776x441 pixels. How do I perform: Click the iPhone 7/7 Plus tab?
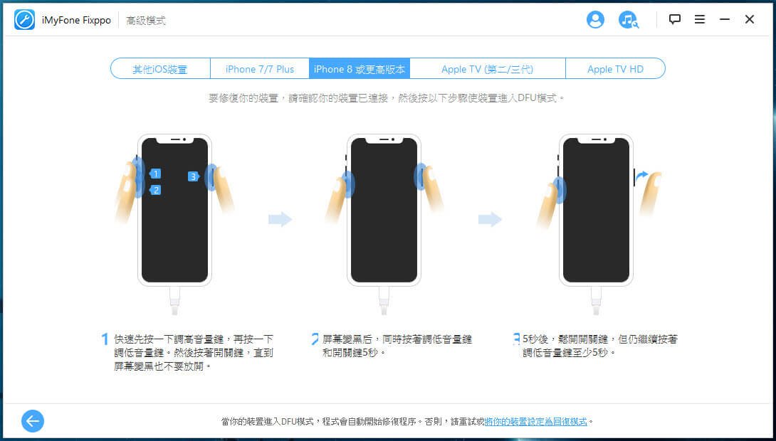(260, 69)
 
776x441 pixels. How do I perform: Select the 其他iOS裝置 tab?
(160, 69)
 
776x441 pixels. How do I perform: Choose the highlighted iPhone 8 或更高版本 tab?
(360, 69)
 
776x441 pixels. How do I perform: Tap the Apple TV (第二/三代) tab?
(488, 69)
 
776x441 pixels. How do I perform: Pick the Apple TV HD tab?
(615, 69)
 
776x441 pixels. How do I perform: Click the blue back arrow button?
(33, 421)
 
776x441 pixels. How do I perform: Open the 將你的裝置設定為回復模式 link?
(535, 422)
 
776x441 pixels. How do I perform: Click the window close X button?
(749, 19)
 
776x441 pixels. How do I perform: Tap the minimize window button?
(725, 19)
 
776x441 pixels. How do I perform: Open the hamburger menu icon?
(700, 19)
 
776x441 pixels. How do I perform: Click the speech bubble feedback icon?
(674, 19)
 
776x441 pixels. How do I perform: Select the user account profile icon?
(595, 20)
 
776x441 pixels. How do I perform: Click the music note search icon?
(628, 20)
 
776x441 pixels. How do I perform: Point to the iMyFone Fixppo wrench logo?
(24, 20)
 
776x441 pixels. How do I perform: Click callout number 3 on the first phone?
(194, 176)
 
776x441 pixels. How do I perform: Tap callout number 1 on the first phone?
(155, 174)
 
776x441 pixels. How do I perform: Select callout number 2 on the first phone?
(155, 190)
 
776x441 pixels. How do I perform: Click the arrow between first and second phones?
(280, 219)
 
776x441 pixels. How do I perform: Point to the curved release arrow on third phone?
(641, 176)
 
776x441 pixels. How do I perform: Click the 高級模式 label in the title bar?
(146, 20)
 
